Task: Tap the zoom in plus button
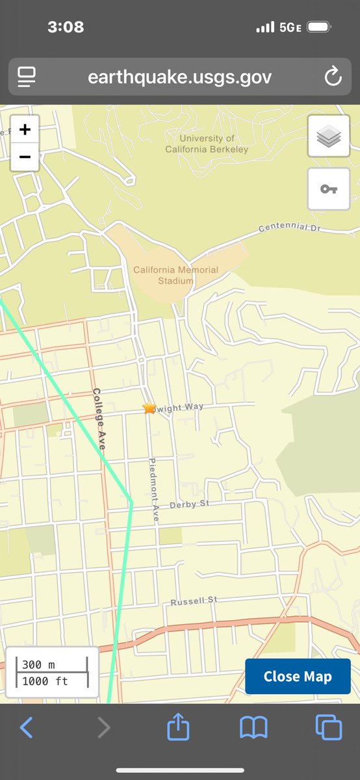click(x=25, y=130)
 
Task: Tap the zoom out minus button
click(x=25, y=157)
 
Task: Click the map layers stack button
click(x=328, y=136)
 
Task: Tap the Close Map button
click(x=298, y=676)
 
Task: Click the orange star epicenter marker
click(x=149, y=408)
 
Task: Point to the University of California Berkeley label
click(x=207, y=144)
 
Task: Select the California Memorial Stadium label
click(x=175, y=275)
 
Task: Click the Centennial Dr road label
click(x=289, y=228)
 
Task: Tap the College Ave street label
click(x=99, y=419)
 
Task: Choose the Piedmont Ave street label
click(x=154, y=491)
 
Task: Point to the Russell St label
click(x=194, y=602)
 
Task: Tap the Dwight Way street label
click(x=180, y=407)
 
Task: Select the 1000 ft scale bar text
click(x=44, y=681)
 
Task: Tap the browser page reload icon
click(x=333, y=77)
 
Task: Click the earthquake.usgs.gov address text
click(x=180, y=77)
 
